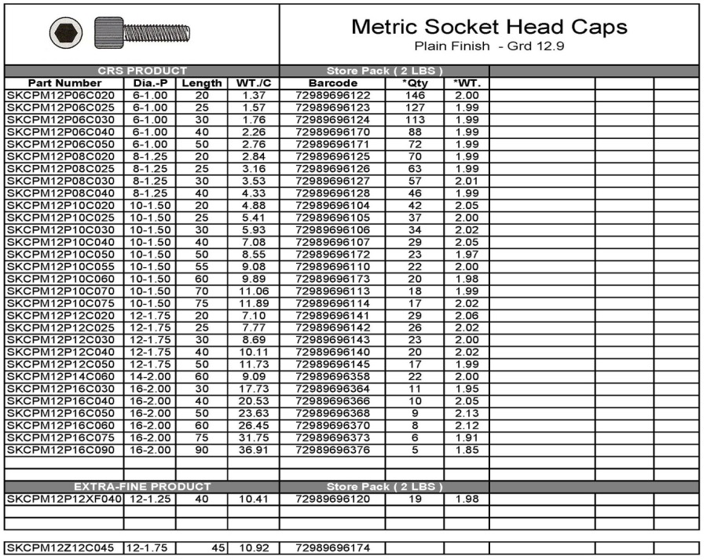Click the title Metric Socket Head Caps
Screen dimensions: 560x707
coord(489,27)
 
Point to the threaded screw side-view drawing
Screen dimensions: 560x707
coord(142,32)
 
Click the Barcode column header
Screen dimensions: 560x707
coord(332,82)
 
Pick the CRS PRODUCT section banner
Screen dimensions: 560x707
coord(142,71)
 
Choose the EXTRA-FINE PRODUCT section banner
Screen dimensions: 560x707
coord(142,487)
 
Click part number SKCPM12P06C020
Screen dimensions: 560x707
coord(54,95)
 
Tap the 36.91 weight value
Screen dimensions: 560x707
coord(254,450)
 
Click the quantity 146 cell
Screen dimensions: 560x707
coord(415,95)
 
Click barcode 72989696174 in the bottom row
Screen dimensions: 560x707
coord(332,547)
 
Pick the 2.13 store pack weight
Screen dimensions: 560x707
coord(467,413)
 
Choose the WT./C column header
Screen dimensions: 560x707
coord(254,82)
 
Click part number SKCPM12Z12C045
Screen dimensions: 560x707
coord(54,547)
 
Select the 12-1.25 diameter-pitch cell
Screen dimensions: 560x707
coord(149,499)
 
